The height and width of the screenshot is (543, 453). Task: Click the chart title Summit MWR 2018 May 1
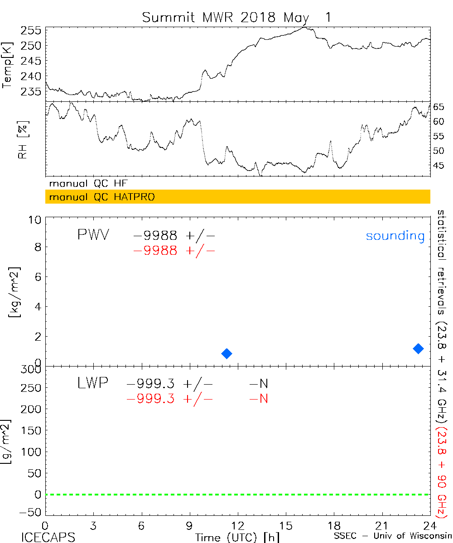pyautogui.click(x=236, y=17)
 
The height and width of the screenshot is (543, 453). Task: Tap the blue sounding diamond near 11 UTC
pyautogui.click(x=226, y=353)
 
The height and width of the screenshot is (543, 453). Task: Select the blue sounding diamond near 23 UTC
pyautogui.click(x=418, y=348)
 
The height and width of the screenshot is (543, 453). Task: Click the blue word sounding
pyautogui.click(x=395, y=236)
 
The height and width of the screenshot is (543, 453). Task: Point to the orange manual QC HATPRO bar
pyautogui.click(x=237, y=197)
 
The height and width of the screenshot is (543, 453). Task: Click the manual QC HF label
pyautogui.click(x=88, y=184)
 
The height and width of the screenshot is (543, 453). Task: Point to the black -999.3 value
pyautogui.click(x=151, y=384)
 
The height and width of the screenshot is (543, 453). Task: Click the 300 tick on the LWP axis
pyautogui.click(x=32, y=369)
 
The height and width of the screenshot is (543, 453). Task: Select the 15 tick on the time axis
pyautogui.click(x=286, y=525)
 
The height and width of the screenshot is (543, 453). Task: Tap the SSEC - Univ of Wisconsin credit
pyautogui.click(x=391, y=537)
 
